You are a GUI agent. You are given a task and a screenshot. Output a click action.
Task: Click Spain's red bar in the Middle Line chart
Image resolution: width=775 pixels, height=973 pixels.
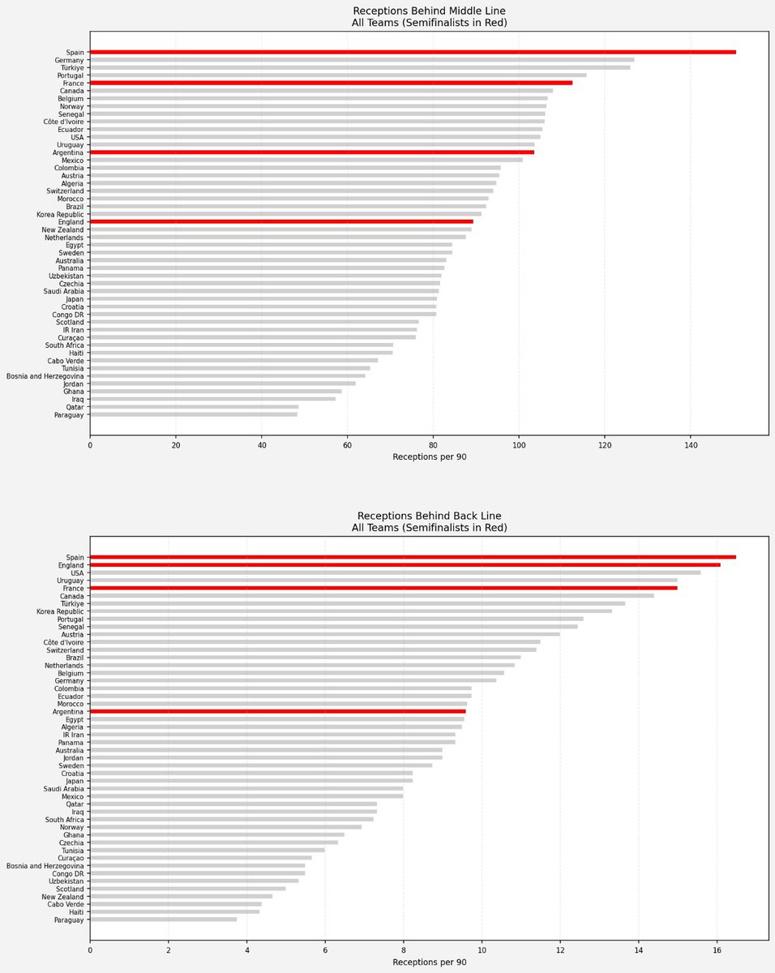coord(413,53)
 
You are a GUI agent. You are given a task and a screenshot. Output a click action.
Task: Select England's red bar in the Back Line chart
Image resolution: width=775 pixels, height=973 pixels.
coord(405,565)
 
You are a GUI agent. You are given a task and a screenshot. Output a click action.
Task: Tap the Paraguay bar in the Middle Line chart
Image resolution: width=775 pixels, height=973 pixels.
coord(194,414)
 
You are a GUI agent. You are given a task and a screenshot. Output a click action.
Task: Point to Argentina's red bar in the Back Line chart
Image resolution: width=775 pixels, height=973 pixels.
coord(277,712)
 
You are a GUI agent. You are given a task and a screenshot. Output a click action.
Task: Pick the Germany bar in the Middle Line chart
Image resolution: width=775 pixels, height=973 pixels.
coord(362,60)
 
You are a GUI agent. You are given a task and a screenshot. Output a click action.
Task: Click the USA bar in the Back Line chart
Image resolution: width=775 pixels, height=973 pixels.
coord(395,573)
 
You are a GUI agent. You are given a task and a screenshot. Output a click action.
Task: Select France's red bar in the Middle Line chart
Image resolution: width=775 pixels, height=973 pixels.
coord(331,84)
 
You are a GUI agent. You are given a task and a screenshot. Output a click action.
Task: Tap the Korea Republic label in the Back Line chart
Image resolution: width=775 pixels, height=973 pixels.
coord(60,611)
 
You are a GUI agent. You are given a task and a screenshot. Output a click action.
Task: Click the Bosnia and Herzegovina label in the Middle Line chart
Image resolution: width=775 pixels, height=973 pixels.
coord(45,376)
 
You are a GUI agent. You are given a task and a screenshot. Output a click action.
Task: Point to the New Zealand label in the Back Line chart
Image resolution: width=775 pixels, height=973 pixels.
coord(63,897)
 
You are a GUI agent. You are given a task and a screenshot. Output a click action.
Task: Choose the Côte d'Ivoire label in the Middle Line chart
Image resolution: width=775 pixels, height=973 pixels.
coord(64,122)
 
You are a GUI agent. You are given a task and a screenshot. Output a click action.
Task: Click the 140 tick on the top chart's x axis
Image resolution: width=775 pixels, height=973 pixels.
coord(691,445)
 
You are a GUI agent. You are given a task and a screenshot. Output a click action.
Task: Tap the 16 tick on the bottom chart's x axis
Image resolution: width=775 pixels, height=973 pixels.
coord(717,950)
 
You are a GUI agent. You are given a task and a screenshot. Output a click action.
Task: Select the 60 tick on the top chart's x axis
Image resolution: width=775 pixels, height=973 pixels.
coord(347,445)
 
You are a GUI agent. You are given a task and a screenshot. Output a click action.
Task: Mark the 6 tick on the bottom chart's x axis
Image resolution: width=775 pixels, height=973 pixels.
coord(325,950)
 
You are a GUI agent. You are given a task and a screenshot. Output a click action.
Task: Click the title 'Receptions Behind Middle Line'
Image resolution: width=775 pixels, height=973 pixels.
coord(429,11)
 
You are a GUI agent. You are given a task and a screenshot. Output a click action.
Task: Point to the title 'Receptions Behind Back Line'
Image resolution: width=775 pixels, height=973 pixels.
coord(429,516)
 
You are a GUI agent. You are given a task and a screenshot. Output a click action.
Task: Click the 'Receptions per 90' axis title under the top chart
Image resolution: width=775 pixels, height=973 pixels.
coord(429,456)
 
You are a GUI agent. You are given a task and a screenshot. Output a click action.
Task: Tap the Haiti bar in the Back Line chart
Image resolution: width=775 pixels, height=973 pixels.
coord(174,912)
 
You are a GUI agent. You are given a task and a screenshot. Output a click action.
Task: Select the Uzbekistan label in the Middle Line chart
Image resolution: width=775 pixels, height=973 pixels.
coord(66,276)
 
